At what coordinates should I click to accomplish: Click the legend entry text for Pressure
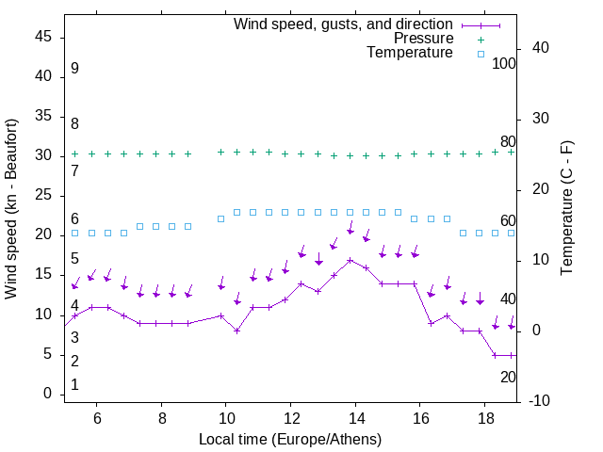tap(424, 39)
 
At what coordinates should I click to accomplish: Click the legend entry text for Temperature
tap(410, 53)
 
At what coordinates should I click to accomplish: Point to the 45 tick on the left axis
tap(43, 37)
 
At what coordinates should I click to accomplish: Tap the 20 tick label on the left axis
tap(43, 234)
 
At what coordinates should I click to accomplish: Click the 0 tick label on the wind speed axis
tap(47, 394)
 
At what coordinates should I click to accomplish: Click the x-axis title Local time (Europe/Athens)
tap(290, 439)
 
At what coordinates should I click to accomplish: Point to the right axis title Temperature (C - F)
tap(566, 209)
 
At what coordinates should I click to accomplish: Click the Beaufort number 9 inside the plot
tap(74, 69)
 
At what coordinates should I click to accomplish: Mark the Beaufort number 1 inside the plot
tap(74, 384)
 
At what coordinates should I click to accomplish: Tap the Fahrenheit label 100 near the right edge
tap(504, 63)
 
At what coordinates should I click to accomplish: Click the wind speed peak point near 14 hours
tap(350, 260)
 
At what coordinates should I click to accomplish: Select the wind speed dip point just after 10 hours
tap(237, 331)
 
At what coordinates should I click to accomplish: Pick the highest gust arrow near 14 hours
tap(350, 229)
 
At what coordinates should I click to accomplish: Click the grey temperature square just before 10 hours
tap(220, 218)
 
